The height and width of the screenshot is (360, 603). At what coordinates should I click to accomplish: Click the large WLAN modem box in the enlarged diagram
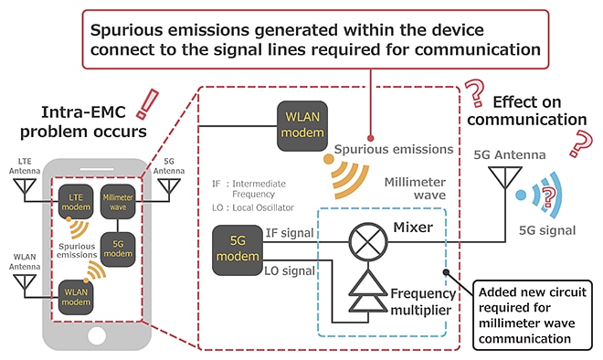302,121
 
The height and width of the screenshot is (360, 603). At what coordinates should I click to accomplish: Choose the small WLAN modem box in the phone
76,297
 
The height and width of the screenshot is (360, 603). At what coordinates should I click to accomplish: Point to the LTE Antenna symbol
26,189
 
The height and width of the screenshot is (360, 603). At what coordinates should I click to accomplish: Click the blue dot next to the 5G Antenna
519,195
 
